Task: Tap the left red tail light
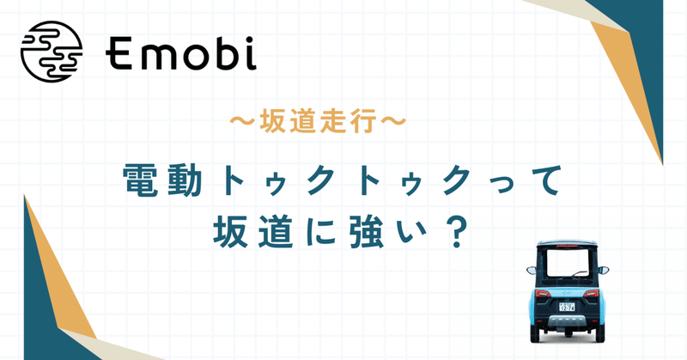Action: (x=541, y=296)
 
